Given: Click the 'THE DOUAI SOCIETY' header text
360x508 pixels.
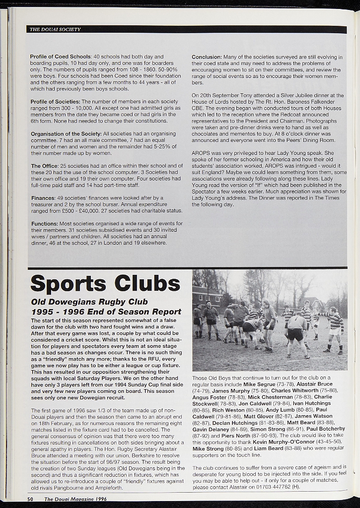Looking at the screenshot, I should [x=55, y=29].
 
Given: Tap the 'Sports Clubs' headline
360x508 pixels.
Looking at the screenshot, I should [x=105, y=284].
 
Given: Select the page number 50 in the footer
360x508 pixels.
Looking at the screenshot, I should [x=30, y=499].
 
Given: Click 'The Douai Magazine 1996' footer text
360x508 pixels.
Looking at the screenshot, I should [x=75, y=499].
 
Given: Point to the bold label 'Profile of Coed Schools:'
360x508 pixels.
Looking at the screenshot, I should [x=61, y=57].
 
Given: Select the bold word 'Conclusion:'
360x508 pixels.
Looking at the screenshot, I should [x=207, y=57].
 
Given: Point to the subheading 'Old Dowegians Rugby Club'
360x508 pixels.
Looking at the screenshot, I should [x=89, y=302].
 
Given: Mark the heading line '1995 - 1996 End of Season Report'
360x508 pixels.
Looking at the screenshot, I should [x=106, y=312].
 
